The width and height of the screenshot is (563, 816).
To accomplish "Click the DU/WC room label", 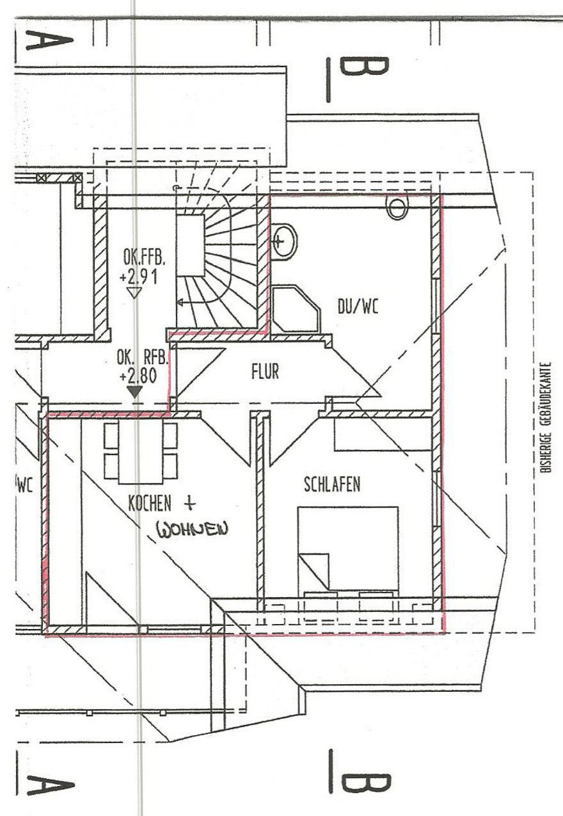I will pos(358,307).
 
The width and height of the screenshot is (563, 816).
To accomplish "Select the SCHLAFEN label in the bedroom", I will pos(331,484).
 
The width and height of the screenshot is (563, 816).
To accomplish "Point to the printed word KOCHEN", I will pos(150,504).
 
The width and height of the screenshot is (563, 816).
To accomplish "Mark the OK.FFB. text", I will pos(144,258).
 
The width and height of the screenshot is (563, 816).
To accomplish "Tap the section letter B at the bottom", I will pos(363,782).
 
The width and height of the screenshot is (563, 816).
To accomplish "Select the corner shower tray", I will pos(295,310).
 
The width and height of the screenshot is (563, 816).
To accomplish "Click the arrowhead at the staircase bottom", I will pos(182,303).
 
